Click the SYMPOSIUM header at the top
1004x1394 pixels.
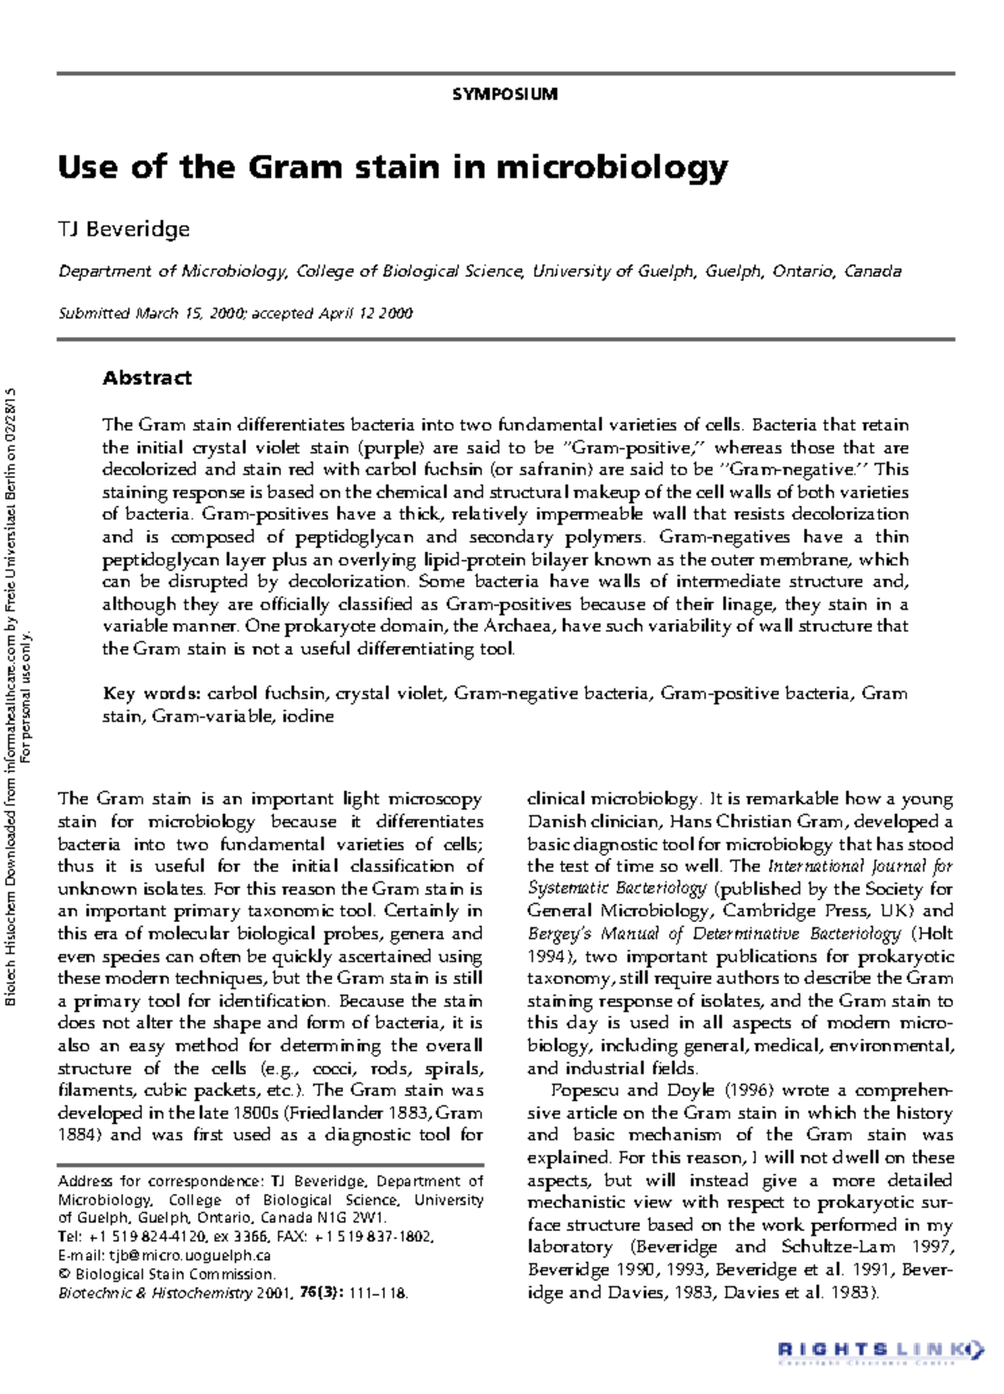click(505, 95)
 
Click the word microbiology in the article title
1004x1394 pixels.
click(612, 167)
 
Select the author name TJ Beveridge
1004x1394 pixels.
click(124, 229)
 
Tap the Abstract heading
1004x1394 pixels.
click(147, 378)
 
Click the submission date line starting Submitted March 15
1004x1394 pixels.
click(235, 314)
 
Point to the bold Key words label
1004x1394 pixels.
click(151, 694)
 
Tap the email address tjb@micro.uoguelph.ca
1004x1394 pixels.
click(189, 1256)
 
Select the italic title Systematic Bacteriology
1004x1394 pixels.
click(617, 889)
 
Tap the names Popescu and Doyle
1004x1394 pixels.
click(633, 1090)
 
